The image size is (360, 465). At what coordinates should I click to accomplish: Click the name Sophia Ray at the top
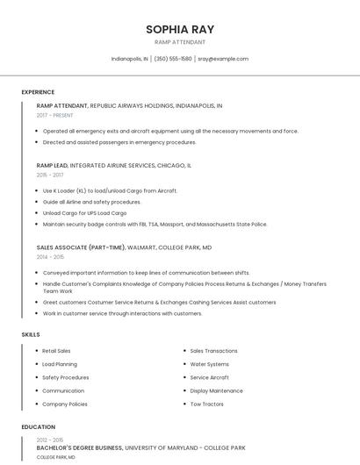pos(179,28)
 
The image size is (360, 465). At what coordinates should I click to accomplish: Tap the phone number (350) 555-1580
pos(173,59)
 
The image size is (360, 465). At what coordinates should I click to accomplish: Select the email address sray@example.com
pos(223,59)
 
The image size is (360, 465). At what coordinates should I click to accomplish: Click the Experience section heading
pos(38,92)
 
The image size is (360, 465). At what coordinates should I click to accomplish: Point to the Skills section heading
pos(31,334)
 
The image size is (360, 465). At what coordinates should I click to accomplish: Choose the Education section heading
pos(38,427)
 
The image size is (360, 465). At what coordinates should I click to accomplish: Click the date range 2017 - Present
pos(55,115)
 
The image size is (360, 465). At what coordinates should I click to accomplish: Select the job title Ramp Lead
pos(52,165)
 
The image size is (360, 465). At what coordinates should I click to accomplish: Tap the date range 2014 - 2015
pos(50,257)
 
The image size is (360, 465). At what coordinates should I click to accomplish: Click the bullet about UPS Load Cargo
pos(84,213)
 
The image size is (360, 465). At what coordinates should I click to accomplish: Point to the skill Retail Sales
pos(56,351)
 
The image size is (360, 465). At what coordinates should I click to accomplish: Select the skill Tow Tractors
pos(208,404)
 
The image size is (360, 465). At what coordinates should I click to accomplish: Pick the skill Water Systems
pos(209,364)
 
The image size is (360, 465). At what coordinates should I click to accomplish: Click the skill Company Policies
pos(65,404)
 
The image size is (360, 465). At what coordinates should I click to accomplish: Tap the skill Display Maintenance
pos(216,390)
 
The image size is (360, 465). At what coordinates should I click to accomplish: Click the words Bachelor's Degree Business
pos(79,447)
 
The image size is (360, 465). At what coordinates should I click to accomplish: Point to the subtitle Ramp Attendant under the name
pos(179,42)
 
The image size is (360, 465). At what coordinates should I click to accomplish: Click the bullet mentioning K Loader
pos(110,190)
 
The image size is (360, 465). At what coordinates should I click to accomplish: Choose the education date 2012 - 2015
pos(50,440)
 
